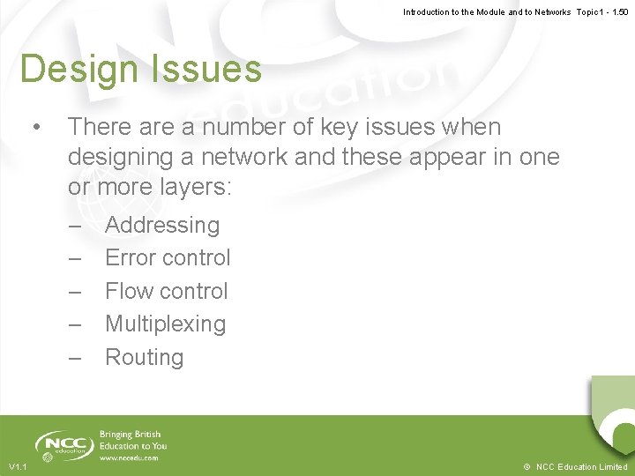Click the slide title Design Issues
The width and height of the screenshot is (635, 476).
(140, 70)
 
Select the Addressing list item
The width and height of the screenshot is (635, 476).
(162, 226)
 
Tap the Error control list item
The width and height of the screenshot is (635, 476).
(168, 258)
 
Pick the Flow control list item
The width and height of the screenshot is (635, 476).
(166, 291)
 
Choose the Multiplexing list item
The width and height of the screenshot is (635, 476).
(165, 324)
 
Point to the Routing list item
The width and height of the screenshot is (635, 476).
(144, 358)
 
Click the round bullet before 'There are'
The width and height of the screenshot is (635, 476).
(35, 128)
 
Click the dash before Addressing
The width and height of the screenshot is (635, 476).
(75, 226)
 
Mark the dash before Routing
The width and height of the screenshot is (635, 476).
(75, 358)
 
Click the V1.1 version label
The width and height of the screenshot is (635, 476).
(18, 466)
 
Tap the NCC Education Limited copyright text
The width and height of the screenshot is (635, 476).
(581, 466)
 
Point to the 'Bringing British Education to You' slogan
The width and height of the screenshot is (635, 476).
(133, 440)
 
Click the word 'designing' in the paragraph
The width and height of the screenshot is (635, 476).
(125, 158)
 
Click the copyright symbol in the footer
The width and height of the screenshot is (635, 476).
(526, 466)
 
